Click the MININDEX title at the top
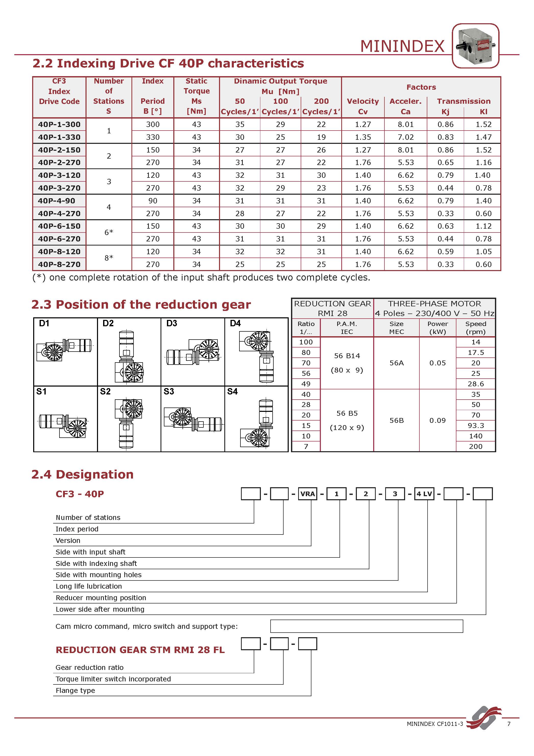click(402, 46)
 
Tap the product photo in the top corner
click(476, 46)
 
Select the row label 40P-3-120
click(59, 175)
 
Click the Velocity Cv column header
click(362, 106)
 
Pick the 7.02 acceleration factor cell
click(405, 137)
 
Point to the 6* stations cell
click(108, 232)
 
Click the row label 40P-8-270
click(59, 264)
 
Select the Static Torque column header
click(197, 96)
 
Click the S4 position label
click(232, 391)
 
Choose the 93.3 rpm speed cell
click(476, 425)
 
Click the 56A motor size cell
click(396, 363)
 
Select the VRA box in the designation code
click(308, 494)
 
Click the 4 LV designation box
click(424, 494)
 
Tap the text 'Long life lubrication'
click(89, 586)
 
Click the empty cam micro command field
click(366, 626)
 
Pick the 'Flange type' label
click(75, 690)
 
